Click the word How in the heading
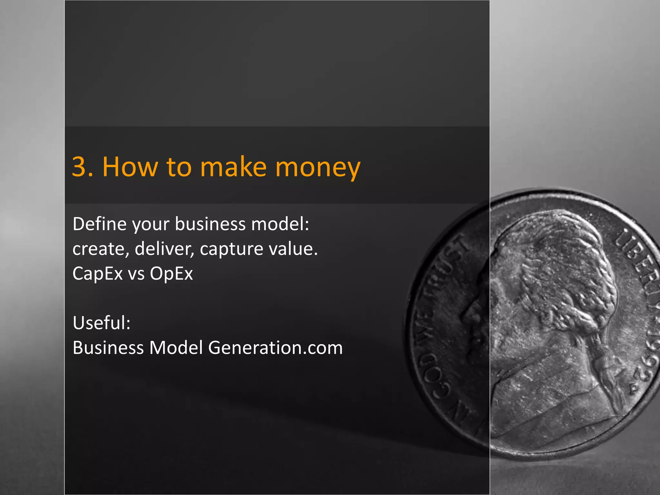(130, 167)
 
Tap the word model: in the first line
(280, 224)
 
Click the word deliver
(163, 249)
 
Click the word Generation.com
(275, 348)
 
